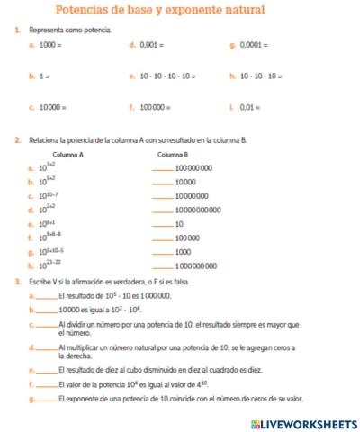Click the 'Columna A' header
(x=67, y=155)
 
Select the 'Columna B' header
(x=172, y=155)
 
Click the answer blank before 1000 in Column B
(x=161, y=252)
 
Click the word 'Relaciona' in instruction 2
(x=41, y=140)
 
